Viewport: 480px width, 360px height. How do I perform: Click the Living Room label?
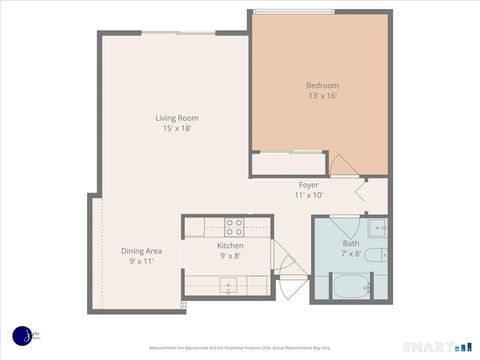click(x=176, y=118)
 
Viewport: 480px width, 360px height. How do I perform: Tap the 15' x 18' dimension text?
click(x=176, y=129)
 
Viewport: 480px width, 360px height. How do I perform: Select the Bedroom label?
click(x=322, y=85)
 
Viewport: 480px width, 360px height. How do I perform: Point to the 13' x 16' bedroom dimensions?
click(x=322, y=96)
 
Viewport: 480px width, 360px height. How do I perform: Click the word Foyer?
click(x=308, y=185)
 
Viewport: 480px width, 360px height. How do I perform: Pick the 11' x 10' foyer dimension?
click(x=308, y=196)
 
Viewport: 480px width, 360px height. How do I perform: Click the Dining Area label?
click(x=141, y=250)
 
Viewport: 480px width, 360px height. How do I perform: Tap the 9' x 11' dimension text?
click(x=141, y=261)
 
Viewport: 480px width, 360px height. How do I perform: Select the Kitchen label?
click(x=230, y=245)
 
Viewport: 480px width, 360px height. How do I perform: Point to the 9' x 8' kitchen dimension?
click(x=230, y=256)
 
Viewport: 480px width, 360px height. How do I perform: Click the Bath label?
click(x=351, y=243)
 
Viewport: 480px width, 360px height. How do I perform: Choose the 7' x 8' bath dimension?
click(x=351, y=254)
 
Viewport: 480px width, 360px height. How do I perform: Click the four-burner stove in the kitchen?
click(x=234, y=226)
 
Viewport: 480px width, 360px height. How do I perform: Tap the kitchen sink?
click(x=229, y=285)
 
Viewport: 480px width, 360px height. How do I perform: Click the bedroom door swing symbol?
click(x=342, y=166)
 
